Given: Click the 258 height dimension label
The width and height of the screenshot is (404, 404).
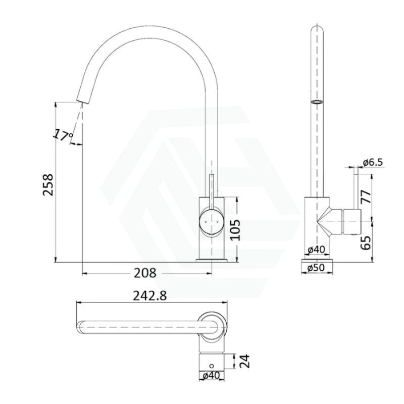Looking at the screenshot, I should coord(46,187).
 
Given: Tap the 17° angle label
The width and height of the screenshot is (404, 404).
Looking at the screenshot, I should coord(63,135).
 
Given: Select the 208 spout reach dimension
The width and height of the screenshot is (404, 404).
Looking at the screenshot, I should coord(145,273).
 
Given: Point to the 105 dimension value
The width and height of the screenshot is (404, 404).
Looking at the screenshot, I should coord(245,230).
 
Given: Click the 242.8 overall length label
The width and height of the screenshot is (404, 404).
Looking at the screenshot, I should coord(149,296).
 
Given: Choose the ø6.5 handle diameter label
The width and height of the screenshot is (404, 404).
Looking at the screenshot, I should coord(373,162).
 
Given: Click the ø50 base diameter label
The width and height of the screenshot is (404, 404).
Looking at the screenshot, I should coord(318,268).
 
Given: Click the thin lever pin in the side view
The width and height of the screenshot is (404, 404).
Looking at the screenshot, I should coord(356,187).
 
